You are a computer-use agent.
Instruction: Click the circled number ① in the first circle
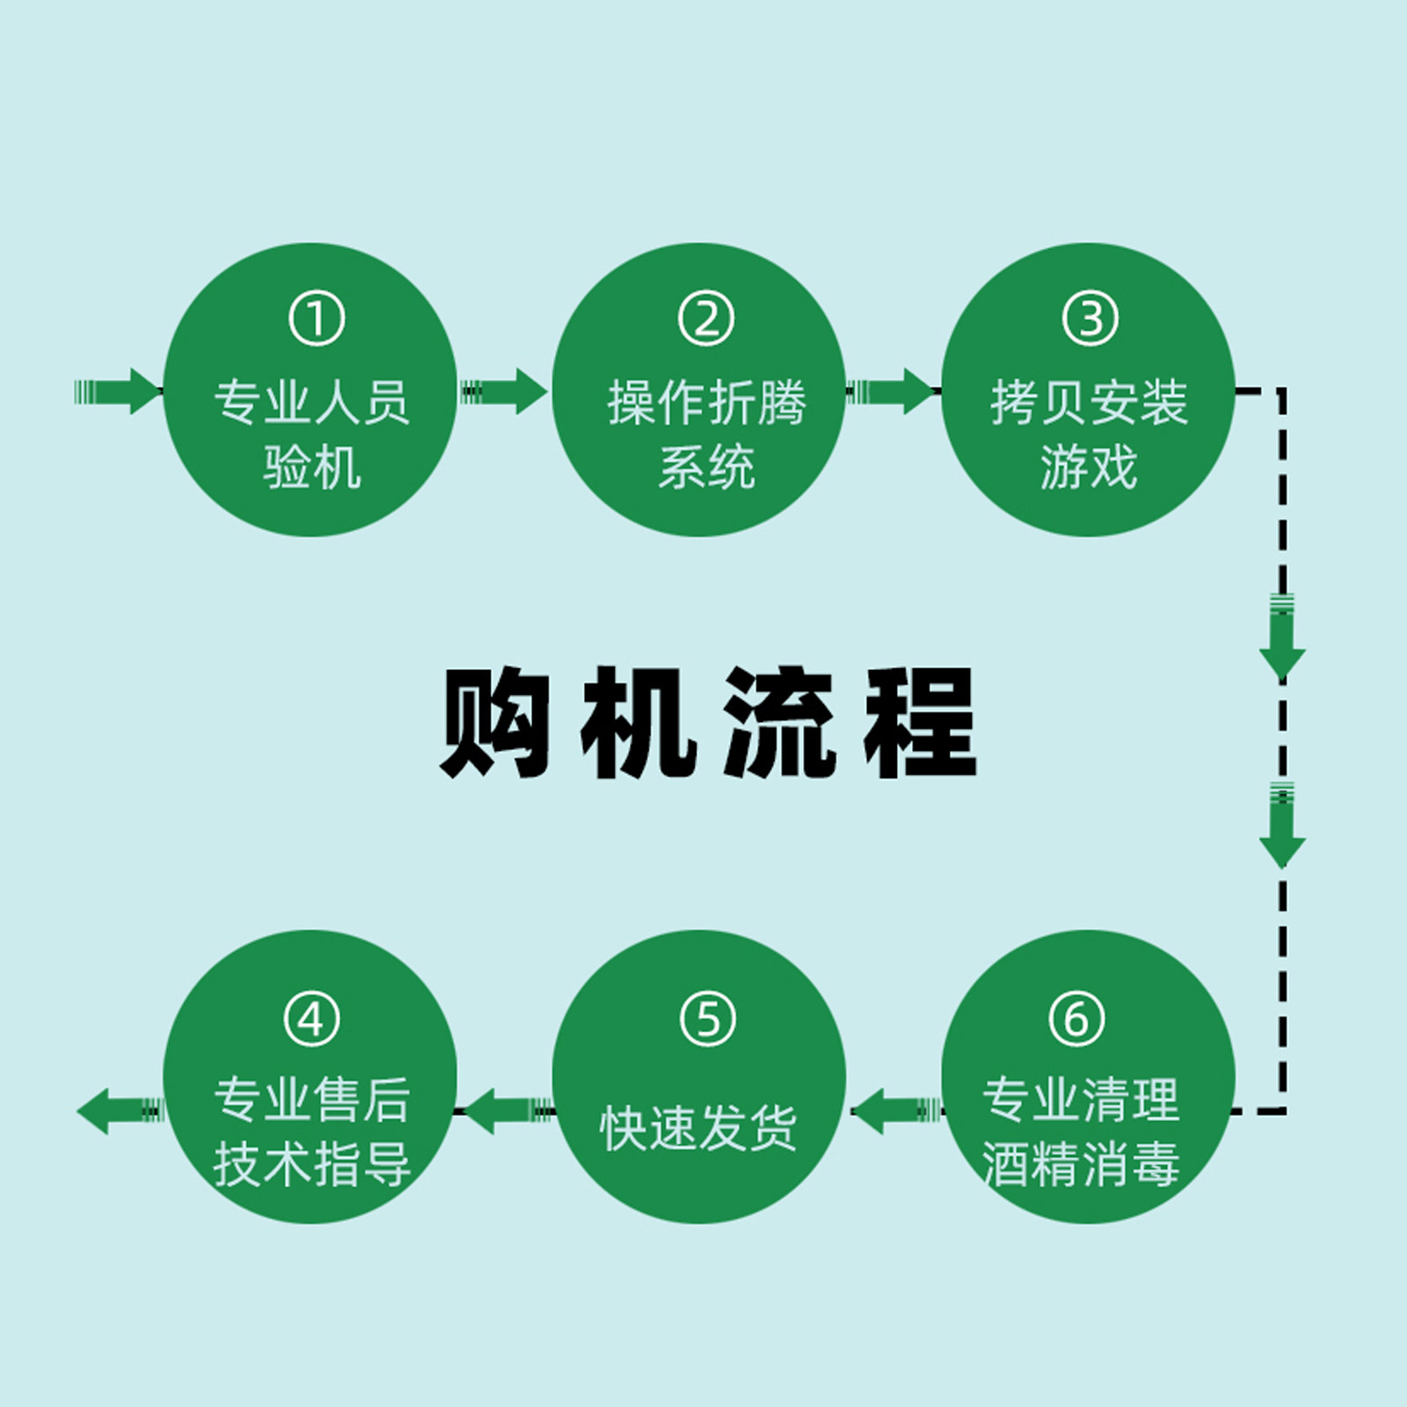(317, 318)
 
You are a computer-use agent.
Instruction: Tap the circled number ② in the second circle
(706, 318)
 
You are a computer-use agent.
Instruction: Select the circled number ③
(1090, 318)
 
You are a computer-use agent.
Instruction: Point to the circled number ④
(312, 1019)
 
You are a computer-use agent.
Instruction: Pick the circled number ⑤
(708, 1019)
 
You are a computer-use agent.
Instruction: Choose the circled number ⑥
(1077, 1019)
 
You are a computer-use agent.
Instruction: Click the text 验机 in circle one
(312, 466)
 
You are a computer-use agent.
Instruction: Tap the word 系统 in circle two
(707, 466)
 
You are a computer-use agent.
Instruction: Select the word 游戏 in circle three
(1089, 466)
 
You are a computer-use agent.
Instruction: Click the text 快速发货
(699, 1127)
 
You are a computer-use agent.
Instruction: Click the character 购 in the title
(495, 723)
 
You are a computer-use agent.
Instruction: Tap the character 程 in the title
(921, 723)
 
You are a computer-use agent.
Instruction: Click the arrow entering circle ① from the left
(119, 391)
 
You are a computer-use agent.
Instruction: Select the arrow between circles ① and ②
(504, 391)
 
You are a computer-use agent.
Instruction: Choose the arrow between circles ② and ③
(891, 391)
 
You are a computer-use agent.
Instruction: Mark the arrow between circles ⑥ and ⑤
(897, 1112)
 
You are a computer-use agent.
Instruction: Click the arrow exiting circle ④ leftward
(121, 1112)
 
